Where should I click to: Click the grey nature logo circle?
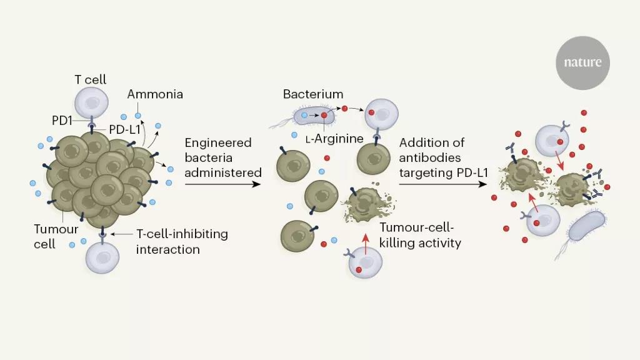(582, 63)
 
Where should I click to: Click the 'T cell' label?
(90, 79)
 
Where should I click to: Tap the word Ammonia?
(155, 94)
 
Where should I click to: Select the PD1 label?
(62, 121)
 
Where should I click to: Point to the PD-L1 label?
(124, 129)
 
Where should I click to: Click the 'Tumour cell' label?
(56, 236)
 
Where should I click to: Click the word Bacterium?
(313, 94)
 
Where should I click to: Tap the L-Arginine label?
(334, 139)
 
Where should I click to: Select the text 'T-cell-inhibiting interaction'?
(182, 241)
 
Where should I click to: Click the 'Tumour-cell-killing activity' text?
(420, 235)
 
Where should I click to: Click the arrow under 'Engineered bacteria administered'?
(223, 184)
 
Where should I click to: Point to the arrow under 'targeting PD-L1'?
(443, 184)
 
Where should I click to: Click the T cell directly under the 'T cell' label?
(91, 103)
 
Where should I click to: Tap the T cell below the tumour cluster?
(102, 257)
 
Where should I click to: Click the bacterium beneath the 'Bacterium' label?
(314, 116)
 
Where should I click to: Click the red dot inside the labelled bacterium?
(324, 116)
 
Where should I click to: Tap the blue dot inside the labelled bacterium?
(304, 116)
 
